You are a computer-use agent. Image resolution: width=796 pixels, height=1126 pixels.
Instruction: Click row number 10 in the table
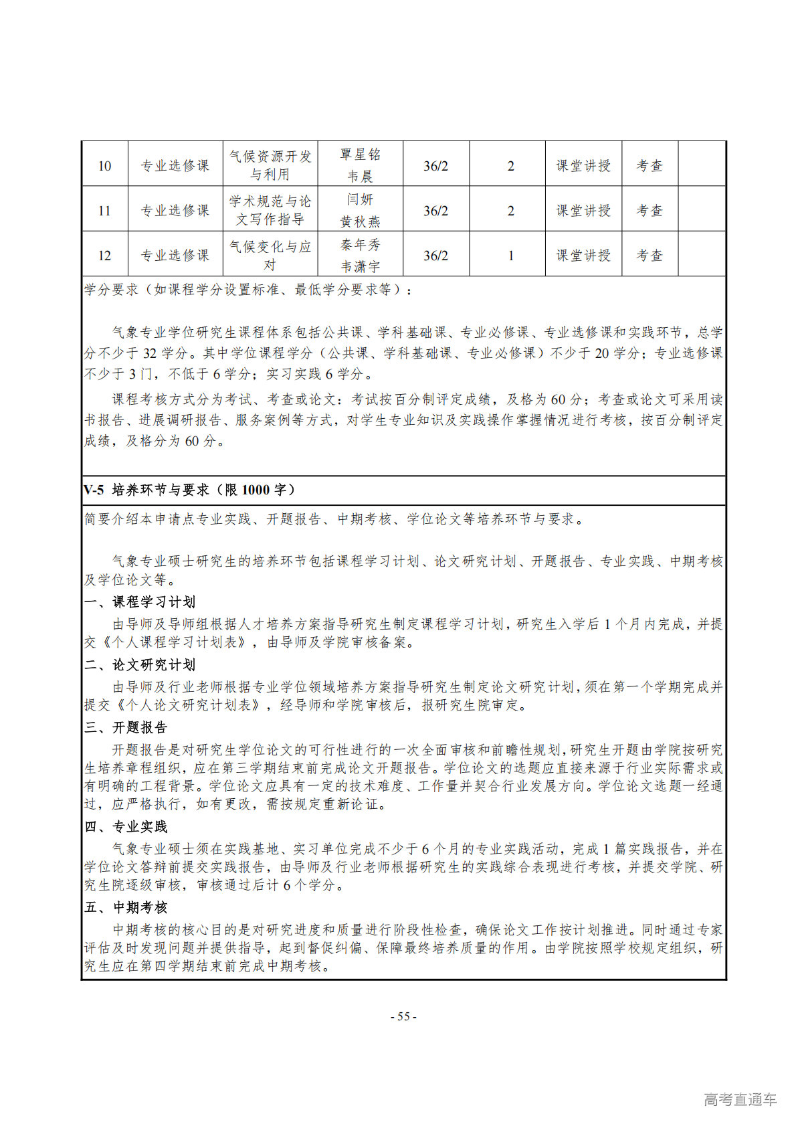tap(104, 165)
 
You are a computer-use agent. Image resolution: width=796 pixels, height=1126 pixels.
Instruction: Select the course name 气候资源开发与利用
tap(270, 165)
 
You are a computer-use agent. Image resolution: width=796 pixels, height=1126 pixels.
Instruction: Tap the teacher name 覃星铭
tap(360, 155)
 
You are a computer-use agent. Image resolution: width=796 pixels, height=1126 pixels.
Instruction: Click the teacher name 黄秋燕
tap(360, 221)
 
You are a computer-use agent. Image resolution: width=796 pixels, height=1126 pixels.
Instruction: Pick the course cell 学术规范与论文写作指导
tap(270, 210)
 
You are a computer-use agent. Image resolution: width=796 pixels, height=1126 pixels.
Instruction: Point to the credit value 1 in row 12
tap(510, 256)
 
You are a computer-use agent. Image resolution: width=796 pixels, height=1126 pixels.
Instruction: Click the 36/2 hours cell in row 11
tap(435, 211)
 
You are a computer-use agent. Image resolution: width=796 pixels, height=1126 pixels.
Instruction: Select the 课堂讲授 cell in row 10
tap(583, 165)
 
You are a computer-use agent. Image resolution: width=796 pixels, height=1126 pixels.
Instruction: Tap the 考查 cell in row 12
tap(649, 256)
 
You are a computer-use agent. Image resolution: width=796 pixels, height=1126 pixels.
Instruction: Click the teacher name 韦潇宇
tap(360, 266)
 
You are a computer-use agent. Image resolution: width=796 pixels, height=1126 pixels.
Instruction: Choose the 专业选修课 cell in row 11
tap(175, 211)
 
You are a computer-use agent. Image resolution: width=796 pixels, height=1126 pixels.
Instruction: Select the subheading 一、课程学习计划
tap(140, 602)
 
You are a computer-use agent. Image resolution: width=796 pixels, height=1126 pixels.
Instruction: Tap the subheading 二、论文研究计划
tap(140, 664)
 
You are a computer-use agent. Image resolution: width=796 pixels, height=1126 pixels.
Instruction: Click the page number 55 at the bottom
tap(403, 1016)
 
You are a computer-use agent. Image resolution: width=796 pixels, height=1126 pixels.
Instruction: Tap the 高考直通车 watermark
tap(740, 1099)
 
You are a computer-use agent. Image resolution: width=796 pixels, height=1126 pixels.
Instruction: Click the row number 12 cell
tap(104, 256)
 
